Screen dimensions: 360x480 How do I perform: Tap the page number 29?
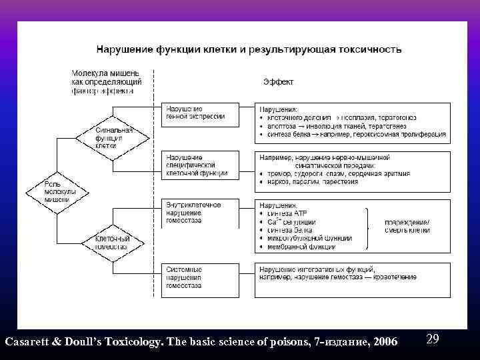pyautogui.click(x=432, y=339)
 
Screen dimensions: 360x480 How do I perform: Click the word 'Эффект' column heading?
pyautogui.click(x=279, y=82)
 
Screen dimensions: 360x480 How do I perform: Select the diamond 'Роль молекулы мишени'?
pyautogui.click(x=57, y=191)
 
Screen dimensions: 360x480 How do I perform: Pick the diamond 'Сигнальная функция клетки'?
pyautogui.click(x=105, y=138)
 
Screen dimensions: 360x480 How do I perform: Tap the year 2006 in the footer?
pyautogui.click(x=385, y=342)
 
